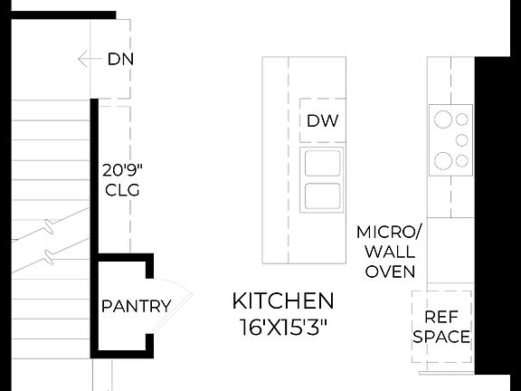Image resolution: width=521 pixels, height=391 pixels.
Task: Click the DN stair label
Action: point(120,61)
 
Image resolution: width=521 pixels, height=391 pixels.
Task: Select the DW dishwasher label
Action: point(322,120)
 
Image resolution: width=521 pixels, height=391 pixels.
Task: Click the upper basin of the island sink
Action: point(322,164)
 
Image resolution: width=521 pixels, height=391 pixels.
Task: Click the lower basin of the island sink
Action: point(322,195)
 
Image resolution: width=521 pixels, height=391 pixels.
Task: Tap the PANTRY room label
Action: point(136,306)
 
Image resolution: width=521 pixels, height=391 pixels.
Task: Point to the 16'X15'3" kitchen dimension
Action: point(283,327)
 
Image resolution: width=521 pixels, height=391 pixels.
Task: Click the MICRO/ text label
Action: point(390,232)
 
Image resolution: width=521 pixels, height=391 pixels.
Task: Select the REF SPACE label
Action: point(441,328)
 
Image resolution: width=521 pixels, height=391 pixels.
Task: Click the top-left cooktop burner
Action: point(443,118)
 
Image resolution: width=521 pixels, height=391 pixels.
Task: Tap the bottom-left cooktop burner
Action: point(443,161)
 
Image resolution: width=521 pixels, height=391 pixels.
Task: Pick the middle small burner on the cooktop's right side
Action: point(462,139)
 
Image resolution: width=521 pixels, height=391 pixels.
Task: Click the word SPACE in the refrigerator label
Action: point(441,338)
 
